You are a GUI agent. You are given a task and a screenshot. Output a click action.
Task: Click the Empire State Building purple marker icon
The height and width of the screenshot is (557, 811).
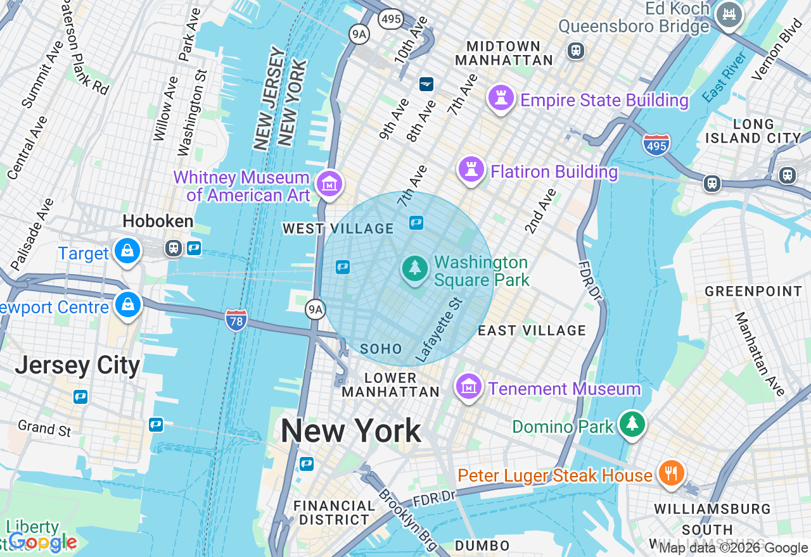pyautogui.click(x=501, y=99)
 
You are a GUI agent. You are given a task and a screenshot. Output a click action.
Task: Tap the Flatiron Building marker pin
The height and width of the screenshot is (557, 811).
pyautogui.click(x=471, y=170)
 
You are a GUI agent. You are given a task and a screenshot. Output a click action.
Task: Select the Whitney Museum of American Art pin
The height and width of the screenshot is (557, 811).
pyautogui.click(x=329, y=185)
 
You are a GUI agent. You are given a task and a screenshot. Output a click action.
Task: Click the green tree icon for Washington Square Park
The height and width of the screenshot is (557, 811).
pyautogui.click(x=415, y=268)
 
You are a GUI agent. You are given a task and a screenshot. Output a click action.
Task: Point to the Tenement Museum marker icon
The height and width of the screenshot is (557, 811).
pyautogui.click(x=468, y=386)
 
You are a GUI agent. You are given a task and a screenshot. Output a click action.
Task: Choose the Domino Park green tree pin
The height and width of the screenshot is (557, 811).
pyautogui.click(x=632, y=424)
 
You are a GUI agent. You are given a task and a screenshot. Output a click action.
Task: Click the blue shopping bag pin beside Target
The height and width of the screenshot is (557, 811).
pyautogui.click(x=127, y=251)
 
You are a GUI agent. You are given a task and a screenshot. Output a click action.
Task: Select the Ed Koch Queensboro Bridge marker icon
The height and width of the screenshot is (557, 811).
pyautogui.click(x=729, y=15)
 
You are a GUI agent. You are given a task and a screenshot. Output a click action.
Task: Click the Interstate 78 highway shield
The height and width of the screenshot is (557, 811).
pyautogui.click(x=236, y=320)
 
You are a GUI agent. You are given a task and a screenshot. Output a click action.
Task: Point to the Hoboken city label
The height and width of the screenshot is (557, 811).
pyautogui.click(x=158, y=222)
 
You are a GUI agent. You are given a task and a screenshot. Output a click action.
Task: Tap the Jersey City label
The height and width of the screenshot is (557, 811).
pyautogui.click(x=77, y=365)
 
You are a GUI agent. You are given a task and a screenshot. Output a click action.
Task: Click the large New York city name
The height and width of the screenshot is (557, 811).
pyautogui.click(x=350, y=431)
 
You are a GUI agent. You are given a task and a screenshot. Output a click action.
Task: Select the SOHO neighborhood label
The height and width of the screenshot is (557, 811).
pyautogui.click(x=381, y=349)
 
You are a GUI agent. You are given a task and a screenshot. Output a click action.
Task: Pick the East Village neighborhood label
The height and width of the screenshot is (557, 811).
pyautogui.click(x=532, y=330)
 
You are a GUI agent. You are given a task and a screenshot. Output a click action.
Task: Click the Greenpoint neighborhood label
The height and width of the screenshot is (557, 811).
pyautogui.click(x=753, y=291)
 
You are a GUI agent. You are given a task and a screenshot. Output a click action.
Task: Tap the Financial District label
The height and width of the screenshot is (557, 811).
pyautogui.click(x=335, y=513)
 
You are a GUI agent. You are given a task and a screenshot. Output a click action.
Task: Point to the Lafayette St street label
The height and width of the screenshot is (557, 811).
pyautogui.click(x=440, y=331)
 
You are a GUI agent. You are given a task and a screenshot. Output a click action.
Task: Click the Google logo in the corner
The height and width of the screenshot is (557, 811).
pyautogui.click(x=43, y=542)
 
